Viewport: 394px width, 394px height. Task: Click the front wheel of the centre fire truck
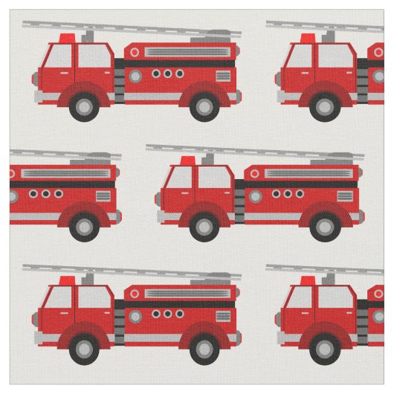[203, 227]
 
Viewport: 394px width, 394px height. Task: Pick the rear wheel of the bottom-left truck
[205, 347]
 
